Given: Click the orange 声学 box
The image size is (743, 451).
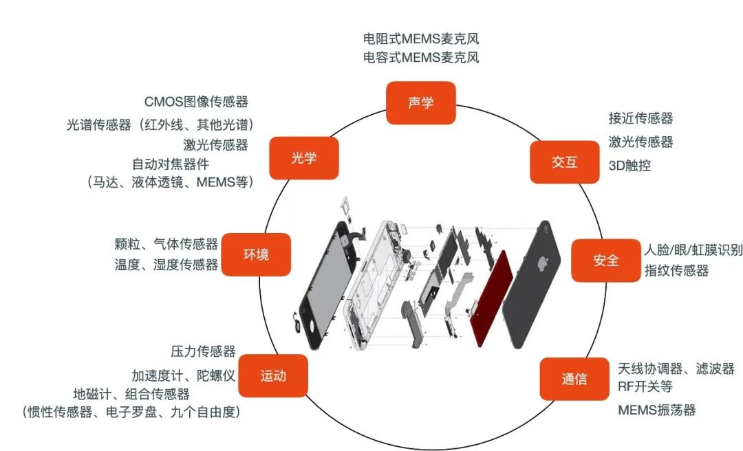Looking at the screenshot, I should pyautogui.click(x=420, y=103).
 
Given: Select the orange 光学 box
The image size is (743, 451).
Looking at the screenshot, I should pyautogui.click(x=303, y=158).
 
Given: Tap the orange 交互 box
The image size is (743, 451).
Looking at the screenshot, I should pyautogui.click(x=564, y=162).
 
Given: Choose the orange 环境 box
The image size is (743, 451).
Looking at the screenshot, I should pyautogui.click(x=256, y=254).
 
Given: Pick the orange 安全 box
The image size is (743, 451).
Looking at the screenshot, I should pyautogui.click(x=606, y=261).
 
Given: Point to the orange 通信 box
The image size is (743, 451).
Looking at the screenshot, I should pyautogui.click(x=574, y=379).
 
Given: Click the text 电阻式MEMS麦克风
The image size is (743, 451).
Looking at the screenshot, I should pyautogui.click(x=420, y=38).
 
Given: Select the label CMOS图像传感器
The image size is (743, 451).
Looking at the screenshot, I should pyautogui.click(x=196, y=102).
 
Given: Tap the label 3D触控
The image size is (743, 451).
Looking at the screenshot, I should pyautogui.click(x=629, y=166).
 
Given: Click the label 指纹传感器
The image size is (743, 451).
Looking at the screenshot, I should pyautogui.click(x=676, y=271).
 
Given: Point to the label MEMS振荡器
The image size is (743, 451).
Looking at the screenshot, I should pyautogui.click(x=656, y=410).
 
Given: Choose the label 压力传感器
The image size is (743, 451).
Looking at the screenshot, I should pyautogui.click(x=203, y=352).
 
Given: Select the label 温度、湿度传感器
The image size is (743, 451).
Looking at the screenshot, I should pyautogui.click(x=166, y=265).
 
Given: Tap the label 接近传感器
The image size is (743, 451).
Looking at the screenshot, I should pyautogui.click(x=640, y=118).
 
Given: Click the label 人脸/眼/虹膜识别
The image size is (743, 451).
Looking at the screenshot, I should pyautogui.click(x=693, y=250).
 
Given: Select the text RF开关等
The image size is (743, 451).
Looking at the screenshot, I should pyautogui.click(x=645, y=386).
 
